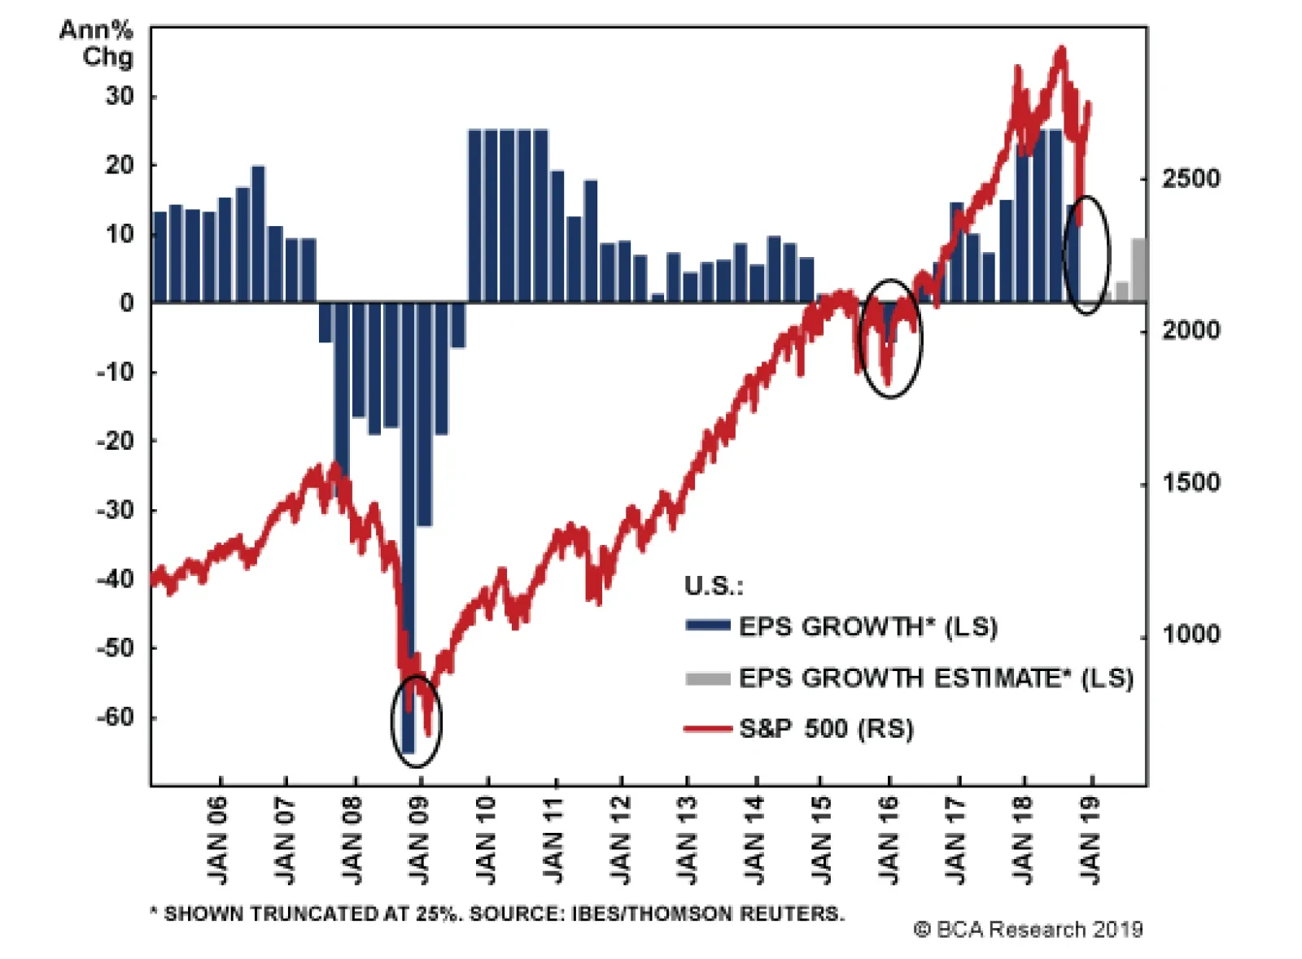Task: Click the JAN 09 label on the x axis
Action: (x=419, y=839)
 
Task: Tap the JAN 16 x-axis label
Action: (x=889, y=839)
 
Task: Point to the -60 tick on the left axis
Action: (x=115, y=717)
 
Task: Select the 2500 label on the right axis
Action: (x=1191, y=178)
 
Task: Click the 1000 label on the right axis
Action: (x=1191, y=634)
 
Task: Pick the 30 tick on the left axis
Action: (x=120, y=96)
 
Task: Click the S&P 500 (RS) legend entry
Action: (x=825, y=728)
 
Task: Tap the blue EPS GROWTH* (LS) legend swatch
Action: (x=707, y=626)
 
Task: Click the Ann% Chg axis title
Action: (x=97, y=43)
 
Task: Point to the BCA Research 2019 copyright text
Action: (x=1028, y=929)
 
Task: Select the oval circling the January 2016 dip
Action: (x=891, y=338)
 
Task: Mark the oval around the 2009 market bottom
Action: (x=416, y=721)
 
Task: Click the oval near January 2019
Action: (x=1086, y=254)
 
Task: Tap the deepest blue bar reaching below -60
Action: (x=408, y=529)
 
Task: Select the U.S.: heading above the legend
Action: (x=713, y=586)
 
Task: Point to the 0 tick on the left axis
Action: (x=127, y=303)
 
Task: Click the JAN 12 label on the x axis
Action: (x=621, y=839)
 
